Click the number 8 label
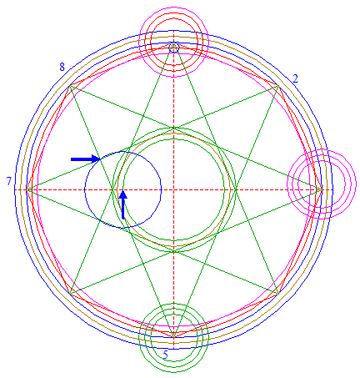(62, 67)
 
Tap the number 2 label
(296, 79)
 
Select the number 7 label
(9, 181)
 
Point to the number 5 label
(166, 355)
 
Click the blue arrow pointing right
(86, 159)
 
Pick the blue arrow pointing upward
(123, 204)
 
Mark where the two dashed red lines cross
(174, 190)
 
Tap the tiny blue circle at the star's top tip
(174, 48)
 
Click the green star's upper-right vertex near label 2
(278, 85)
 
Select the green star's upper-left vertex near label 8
(69, 85)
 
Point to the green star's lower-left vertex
(69, 295)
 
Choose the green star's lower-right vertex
(278, 295)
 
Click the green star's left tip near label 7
(26, 190)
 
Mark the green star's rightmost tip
(322, 190)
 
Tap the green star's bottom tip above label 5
(174, 338)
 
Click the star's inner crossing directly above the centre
(174, 129)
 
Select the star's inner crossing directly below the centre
(174, 251)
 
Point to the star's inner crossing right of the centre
(235, 190)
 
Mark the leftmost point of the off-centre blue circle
(85, 190)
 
